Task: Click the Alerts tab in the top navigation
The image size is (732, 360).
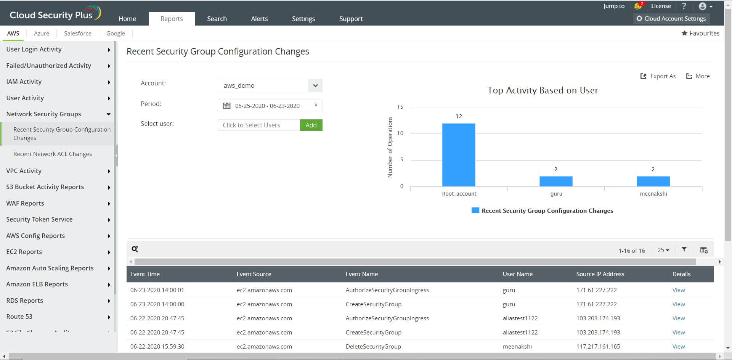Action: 259,19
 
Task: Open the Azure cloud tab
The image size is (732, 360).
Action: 42,33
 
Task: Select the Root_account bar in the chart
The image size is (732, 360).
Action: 459,155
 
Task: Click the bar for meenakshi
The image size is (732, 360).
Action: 653,181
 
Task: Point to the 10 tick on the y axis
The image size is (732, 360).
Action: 400,133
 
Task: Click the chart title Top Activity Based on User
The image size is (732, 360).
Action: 543,90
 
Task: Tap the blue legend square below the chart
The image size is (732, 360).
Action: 475,211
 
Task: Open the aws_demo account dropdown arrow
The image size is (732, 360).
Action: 315,85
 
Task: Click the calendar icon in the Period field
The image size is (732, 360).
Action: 226,106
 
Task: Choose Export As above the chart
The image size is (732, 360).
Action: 658,76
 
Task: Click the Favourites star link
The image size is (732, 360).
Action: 700,33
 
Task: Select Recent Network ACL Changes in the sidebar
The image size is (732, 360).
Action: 53,154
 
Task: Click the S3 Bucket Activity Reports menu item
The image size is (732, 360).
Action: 45,187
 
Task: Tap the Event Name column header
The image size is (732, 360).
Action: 362,274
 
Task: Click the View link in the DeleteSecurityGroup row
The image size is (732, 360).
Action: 679,346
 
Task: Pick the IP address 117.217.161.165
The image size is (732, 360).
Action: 598,346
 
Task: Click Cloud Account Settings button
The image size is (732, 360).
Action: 671,18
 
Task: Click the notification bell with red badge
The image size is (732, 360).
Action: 638,6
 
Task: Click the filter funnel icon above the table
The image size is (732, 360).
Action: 684,249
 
